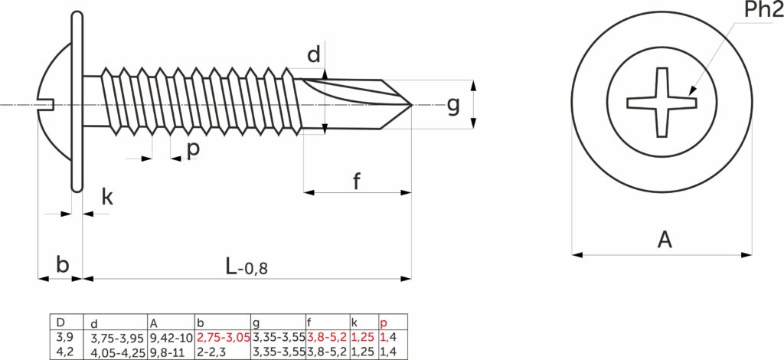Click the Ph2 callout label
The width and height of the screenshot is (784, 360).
tap(764, 9)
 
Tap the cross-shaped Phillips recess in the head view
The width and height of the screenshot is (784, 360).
tap(662, 103)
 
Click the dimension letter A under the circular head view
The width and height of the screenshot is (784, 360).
tap(665, 240)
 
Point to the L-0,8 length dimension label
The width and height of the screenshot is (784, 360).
tap(247, 267)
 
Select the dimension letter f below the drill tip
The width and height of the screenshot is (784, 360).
tap(356, 182)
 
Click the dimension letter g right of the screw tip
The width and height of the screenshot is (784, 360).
tap(453, 106)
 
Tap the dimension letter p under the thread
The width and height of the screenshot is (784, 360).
tap(193, 149)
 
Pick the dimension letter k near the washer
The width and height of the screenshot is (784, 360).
tap(107, 197)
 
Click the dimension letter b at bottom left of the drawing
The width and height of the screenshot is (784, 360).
tap(62, 265)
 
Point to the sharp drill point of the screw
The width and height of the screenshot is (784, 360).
tap(411, 105)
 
